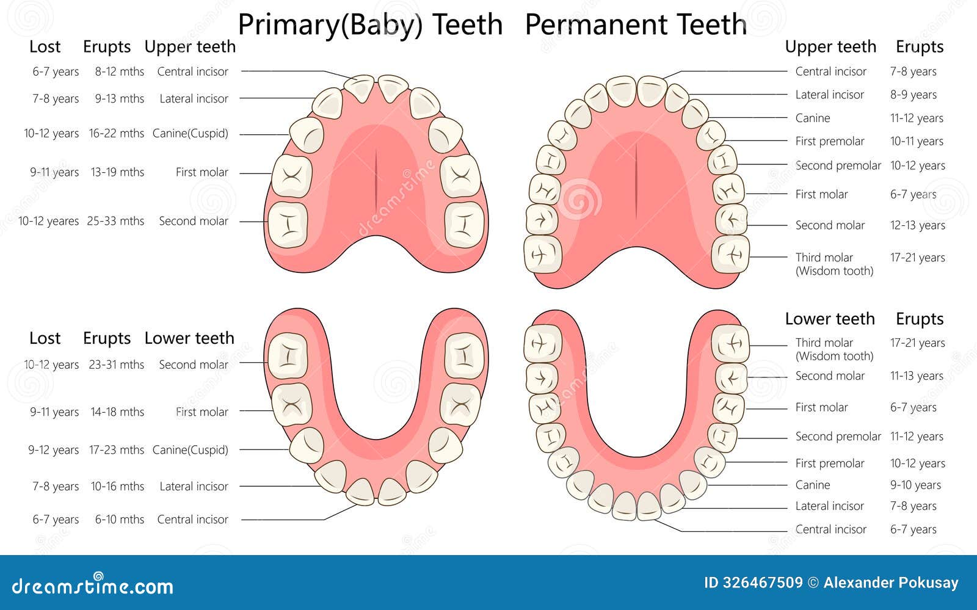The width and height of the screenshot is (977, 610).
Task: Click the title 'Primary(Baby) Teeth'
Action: click(x=370, y=25)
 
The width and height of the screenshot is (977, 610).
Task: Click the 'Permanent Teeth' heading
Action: click(x=636, y=25)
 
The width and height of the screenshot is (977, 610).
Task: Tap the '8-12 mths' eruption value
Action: click(x=119, y=71)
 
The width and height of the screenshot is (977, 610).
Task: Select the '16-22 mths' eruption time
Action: click(x=116, y=133)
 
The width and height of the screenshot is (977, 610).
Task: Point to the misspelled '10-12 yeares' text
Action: click(x=48, y=221)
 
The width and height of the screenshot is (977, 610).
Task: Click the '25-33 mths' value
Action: click(x=115, y=221)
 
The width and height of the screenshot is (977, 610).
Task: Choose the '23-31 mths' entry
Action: click(x=116, y=365)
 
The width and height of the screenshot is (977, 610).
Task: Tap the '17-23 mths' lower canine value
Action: click(x=116, y=450)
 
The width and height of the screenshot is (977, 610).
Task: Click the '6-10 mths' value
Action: click(x=119, y=520)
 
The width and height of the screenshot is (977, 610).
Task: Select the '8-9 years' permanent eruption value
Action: click(x=913, y=95)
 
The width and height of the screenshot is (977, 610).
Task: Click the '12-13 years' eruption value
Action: click(x=917, y=225)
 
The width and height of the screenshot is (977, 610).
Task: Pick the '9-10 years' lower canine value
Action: click(x=915, y=485)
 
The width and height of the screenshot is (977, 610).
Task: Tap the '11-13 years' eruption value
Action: click(x=917, y=376)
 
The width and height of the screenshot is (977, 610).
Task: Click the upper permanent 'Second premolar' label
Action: click(x=838, y=165)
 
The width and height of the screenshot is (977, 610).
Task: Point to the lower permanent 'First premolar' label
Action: click(x=829, y=463)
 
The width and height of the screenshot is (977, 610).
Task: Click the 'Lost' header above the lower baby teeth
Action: click(x=45, y=338)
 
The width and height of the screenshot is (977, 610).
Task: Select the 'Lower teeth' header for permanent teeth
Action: click(x=829, y=319)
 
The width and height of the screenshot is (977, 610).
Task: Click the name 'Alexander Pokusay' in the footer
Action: click(x=891, y=583)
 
